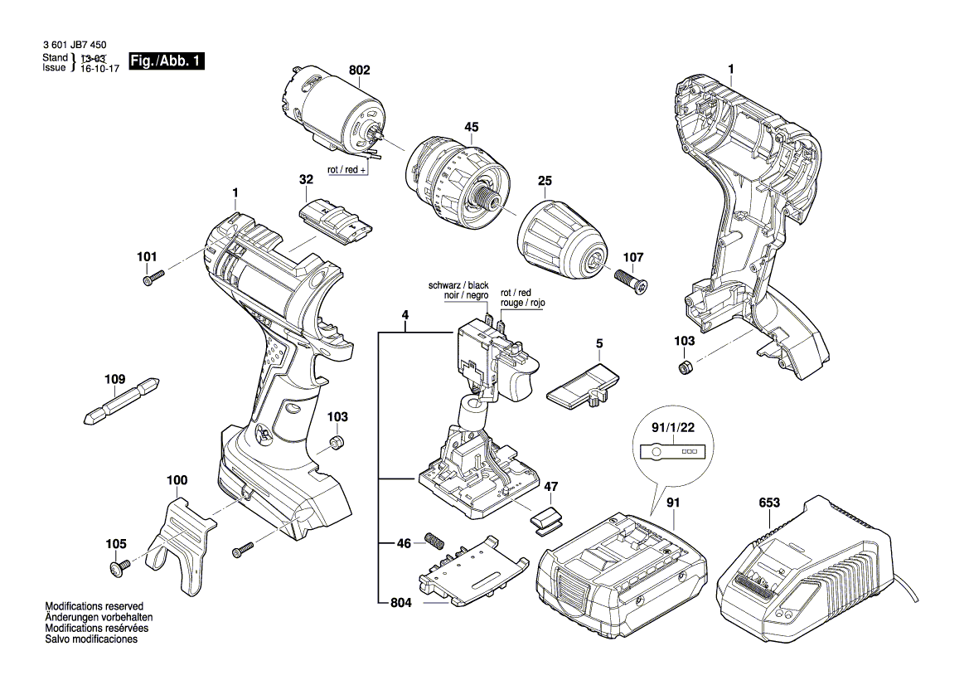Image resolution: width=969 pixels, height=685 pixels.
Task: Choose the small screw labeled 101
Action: (153, 279)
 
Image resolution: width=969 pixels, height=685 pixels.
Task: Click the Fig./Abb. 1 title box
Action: (166, 61)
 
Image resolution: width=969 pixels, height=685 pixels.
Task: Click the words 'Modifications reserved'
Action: (94, 606)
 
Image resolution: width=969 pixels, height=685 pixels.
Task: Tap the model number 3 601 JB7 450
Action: (73, 46)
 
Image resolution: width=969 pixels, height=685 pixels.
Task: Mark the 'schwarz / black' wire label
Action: (458, 285)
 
